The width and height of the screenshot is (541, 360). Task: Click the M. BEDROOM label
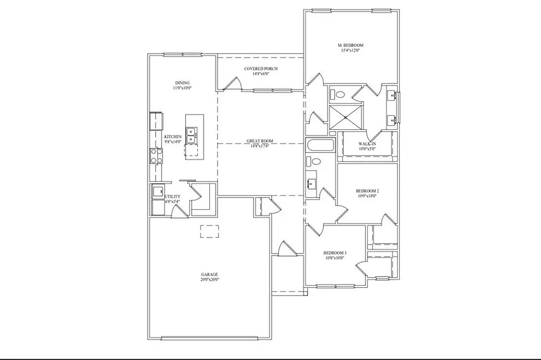[x=350, y=46]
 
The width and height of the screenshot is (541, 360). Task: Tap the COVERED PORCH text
[x=260, y=69]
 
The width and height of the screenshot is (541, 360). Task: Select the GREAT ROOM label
[x=260, y=141]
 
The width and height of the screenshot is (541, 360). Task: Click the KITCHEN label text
[x=173, y=136]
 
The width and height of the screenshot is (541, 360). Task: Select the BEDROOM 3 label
[x=334, y=253]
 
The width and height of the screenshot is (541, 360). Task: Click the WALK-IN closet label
[x=367, y=144]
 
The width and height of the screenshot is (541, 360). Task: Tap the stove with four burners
[x=156, y=156]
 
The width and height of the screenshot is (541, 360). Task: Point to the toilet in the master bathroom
[x=338, y=94]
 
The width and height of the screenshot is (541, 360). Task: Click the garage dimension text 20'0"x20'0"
[x=210, y=279]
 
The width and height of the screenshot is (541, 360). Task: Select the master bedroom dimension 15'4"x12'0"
[x=350, y=51]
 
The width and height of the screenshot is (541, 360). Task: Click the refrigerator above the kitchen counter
[x=156, y=120]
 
